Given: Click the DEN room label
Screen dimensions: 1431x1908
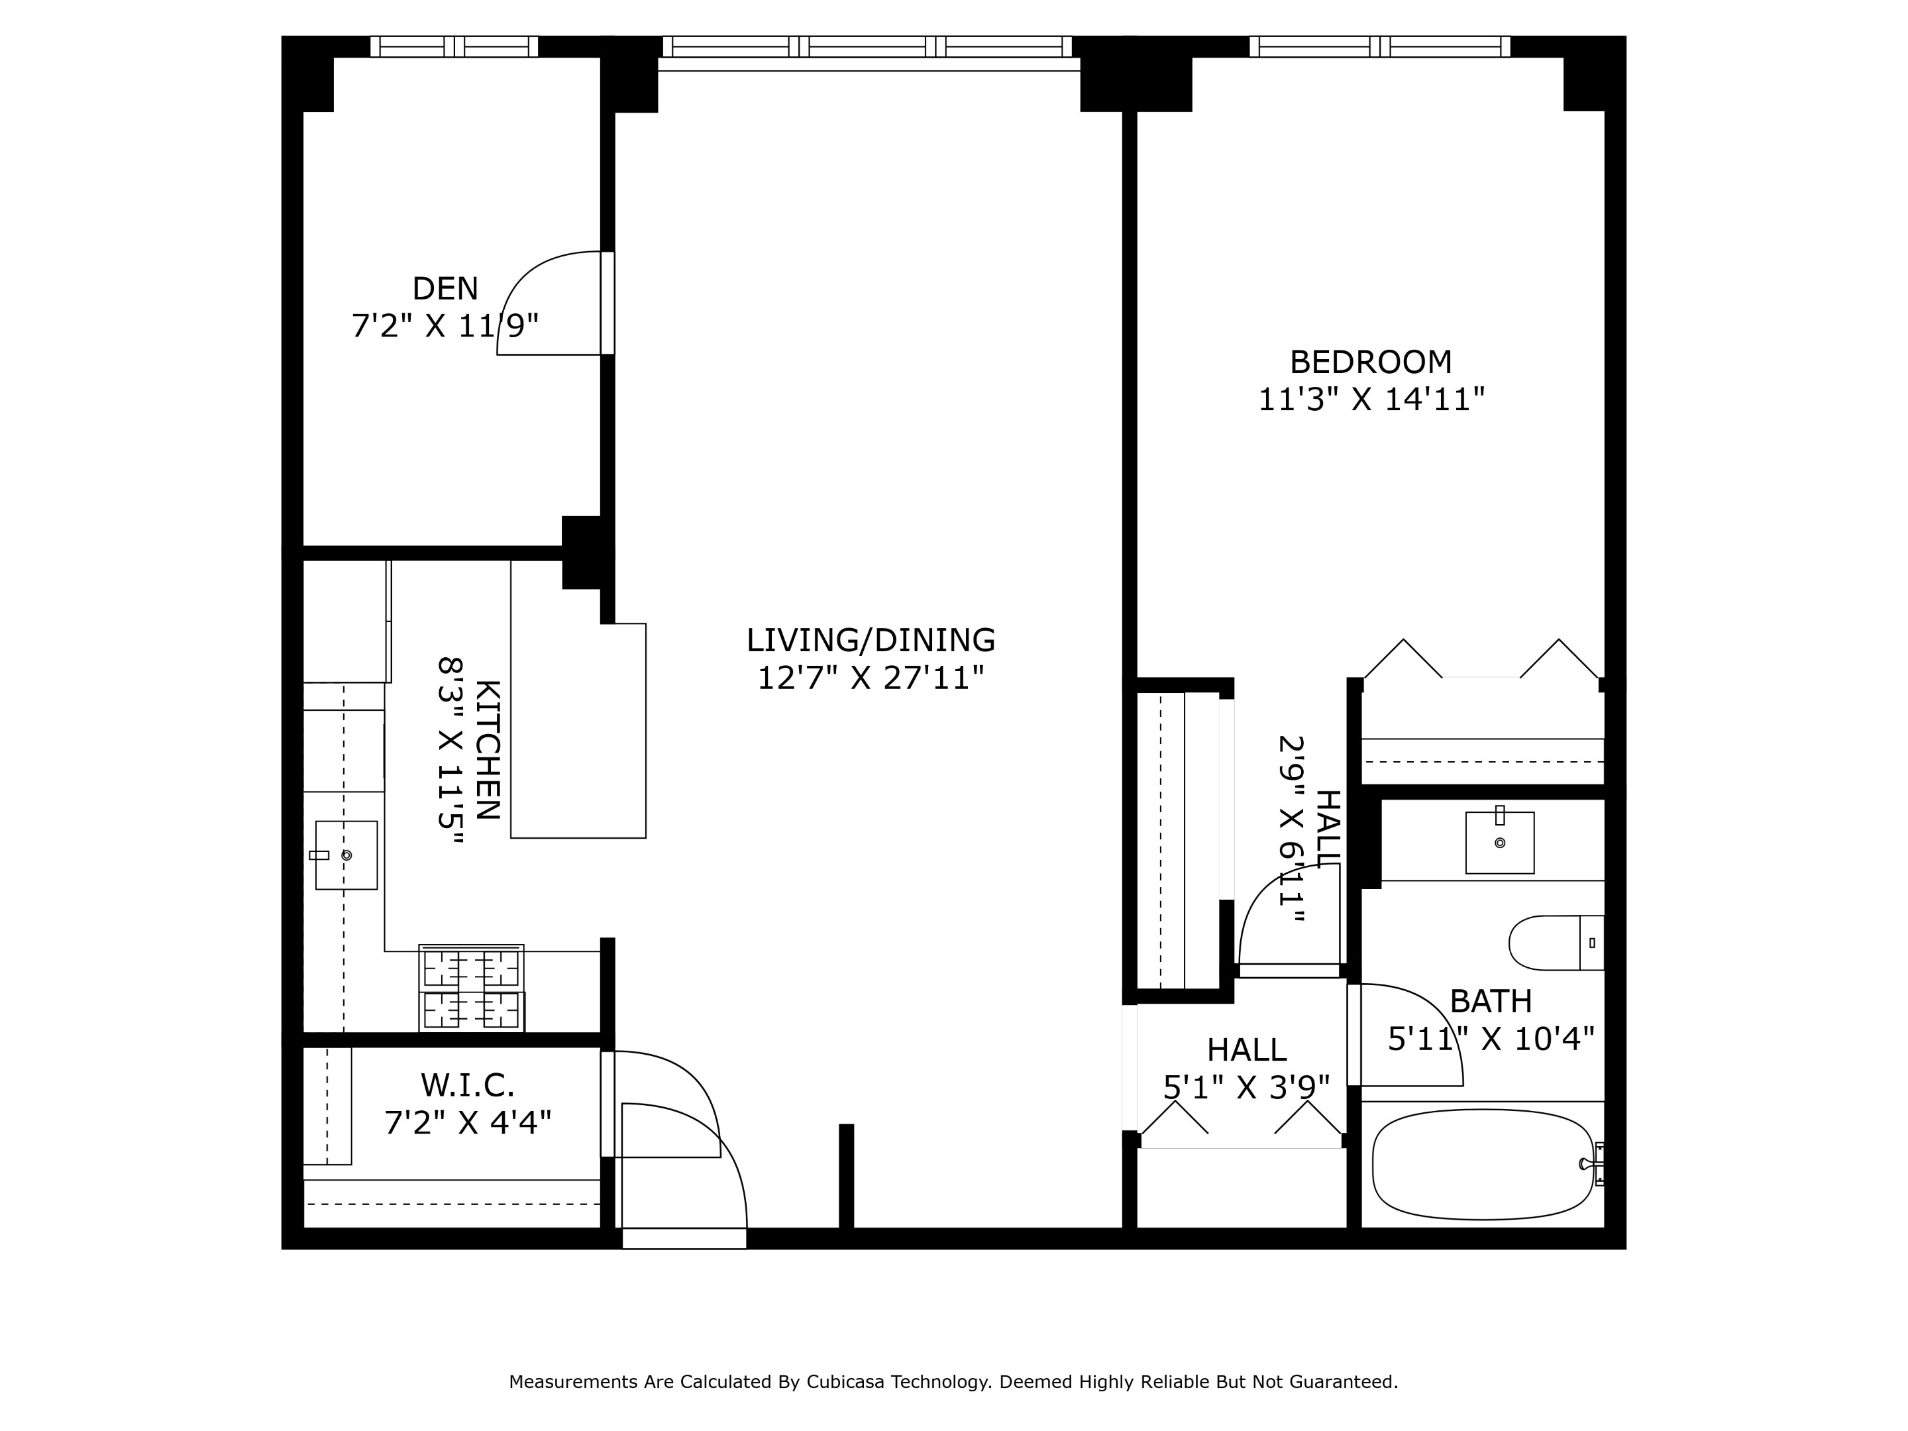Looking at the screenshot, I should pos(445,288).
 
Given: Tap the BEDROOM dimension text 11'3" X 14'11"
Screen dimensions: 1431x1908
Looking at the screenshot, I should pos(1371,400).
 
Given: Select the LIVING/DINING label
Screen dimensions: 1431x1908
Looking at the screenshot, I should pos(871,640).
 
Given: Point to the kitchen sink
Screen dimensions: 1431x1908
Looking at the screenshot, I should pos(346,855).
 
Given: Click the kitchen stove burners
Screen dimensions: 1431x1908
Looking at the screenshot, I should pos(471,988).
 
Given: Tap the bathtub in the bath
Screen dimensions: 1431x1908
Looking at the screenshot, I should pos(1481,1165).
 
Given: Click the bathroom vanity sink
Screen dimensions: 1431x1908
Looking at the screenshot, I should pos(1499,843).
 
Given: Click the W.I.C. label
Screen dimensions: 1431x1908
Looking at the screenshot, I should pos(468,1085).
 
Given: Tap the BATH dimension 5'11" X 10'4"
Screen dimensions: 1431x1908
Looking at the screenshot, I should pos(1491,1039).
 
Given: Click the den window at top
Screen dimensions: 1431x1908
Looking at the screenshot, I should pos(454,46).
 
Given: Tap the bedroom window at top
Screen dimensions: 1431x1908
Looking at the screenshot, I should pos(1379,46).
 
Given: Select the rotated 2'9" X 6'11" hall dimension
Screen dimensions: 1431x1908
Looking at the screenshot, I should pos(1291,829).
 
